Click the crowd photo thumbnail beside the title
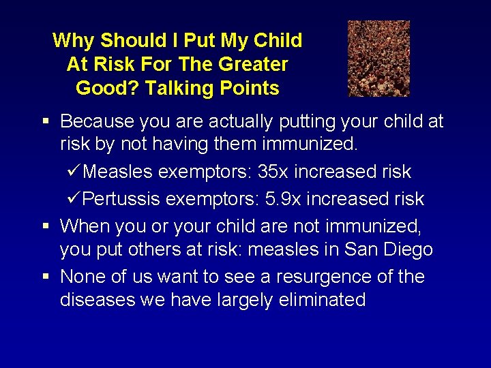(378, 59)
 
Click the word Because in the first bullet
(96, 122)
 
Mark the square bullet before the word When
(44, 225)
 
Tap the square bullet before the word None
(44, 277)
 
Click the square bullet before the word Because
(44, 122)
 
